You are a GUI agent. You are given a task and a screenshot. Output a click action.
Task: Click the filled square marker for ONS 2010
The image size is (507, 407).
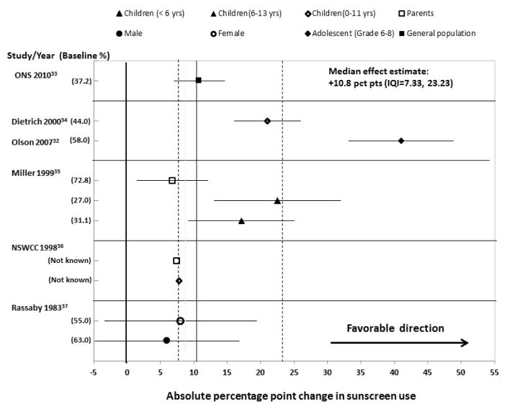[x=198, y=80]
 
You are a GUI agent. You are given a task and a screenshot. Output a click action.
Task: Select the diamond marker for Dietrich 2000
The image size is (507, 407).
[x=267, y=121]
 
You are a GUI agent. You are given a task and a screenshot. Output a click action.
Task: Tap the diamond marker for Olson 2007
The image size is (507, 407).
[x=401, y=140]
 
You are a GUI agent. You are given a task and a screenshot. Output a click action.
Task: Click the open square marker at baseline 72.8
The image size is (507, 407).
[x=171, y=180]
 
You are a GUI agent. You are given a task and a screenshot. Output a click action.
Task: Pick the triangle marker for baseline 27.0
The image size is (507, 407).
[x=277, y=201]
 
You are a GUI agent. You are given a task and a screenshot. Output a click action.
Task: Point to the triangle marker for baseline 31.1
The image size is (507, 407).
[x=241, y=221]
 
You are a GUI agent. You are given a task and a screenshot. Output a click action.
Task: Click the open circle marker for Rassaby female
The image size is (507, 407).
[x=180, y=321]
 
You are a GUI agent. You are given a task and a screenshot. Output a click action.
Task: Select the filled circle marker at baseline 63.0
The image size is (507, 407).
[x=166, y=340]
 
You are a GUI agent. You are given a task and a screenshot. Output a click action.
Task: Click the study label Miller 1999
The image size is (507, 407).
[x=39, y=172]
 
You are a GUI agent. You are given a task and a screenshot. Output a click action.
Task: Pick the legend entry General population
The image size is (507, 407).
[x=439, y=33]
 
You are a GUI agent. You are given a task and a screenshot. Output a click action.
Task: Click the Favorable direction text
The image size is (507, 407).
[x=395, y=328]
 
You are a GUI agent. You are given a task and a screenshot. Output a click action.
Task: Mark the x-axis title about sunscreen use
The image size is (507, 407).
[x=292, y=395]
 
